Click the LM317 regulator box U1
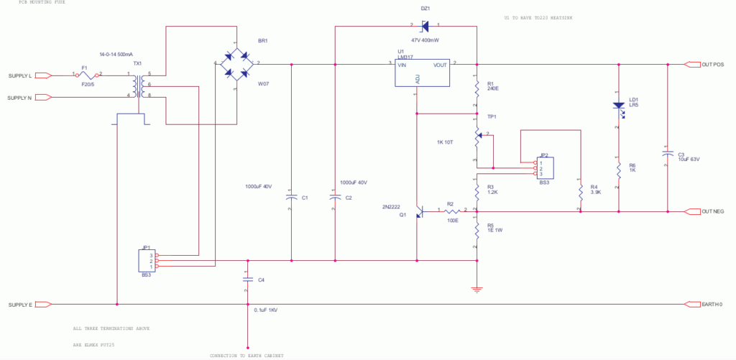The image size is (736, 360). pos(422,73)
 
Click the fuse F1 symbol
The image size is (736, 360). pos(88,74)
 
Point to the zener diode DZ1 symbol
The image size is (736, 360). pos(425,27)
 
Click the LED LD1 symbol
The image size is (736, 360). pos(618,106)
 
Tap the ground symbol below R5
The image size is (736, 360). pos(477,290)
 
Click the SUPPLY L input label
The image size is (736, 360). pos(19,75)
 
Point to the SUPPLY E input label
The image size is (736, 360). pos(19,305)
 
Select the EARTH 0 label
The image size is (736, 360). pos(711,305)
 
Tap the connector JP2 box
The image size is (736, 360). pos(546,168)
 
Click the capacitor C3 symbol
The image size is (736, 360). pos(667,154)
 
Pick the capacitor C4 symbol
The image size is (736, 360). pos(247,280)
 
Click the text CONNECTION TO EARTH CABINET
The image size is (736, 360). pos(247,356)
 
